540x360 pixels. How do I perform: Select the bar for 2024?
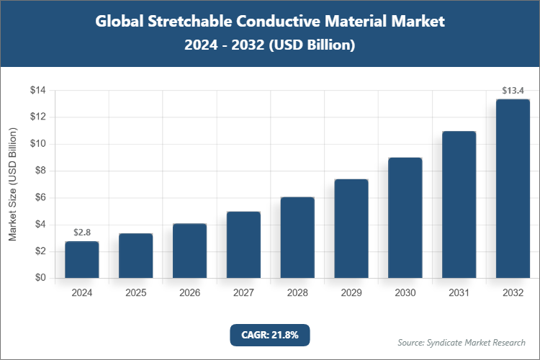tap(82, 260)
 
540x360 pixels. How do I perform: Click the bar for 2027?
tap(243, 245)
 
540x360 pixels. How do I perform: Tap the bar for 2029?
tap(351, 228)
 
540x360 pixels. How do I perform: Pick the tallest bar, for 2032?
tap(513, 189)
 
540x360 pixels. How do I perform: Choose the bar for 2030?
tap(405, 217)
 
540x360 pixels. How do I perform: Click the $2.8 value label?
tap(82, 233)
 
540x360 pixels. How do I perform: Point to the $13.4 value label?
tap(513, 91)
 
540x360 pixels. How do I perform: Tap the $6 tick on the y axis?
tap(40, 198)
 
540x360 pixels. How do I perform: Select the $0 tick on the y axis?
tap(40, 279)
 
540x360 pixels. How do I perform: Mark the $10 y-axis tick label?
tap(37, 144)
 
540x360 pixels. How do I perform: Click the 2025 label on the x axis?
tap(136, 293)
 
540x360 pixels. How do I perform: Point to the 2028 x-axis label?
tap(297, 293)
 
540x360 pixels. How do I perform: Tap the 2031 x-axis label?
tap(459, 293)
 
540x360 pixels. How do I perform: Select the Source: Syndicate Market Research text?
tap(461, 342)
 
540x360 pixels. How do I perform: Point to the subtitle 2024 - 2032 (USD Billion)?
tap(269, 45)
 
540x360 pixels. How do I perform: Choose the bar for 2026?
tap(190, 251)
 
